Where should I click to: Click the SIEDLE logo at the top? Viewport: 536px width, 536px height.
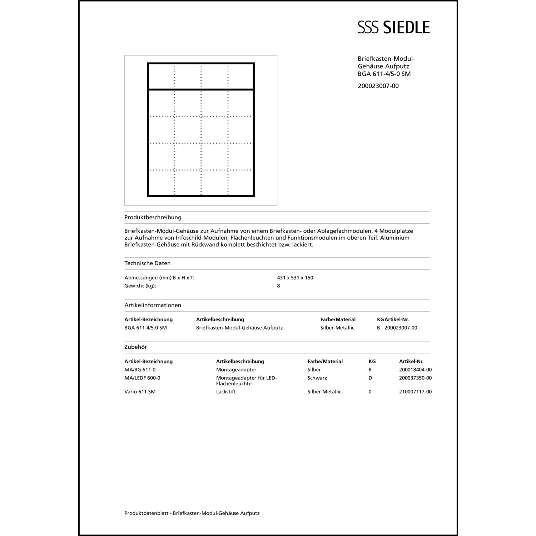pyautogui.click(x=393, y=27)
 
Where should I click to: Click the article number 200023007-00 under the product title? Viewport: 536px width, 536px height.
pyautogui.click(x=378, y=86)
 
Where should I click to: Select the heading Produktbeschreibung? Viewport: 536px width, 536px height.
pyautogui.click(x=153, y=217)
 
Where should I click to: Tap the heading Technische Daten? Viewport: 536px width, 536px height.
pyautogui.click(x=147, y=263)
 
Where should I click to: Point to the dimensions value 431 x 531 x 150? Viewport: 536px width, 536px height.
pyautogui.click(x=295, y=278)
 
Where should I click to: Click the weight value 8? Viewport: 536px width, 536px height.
pyautogui.click(x=278, y=286)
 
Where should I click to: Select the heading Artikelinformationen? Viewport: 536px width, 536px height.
pyautogui.click(x=153, y=305)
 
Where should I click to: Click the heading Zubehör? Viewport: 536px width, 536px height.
pyautogui.click(x=135, y=347)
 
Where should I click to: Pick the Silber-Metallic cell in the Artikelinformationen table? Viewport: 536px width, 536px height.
pyautogui.click(x=337, y=328)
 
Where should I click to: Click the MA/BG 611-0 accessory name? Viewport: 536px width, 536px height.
pyautogui.click(x=140, y=370)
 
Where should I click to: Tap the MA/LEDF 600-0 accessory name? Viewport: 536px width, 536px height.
pyautogui.click(x=142, y=378)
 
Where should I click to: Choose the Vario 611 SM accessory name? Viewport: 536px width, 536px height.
pyautogui.click(x=140, y=392)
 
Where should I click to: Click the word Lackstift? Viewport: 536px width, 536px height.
pyautogui.click(x=226, y=392)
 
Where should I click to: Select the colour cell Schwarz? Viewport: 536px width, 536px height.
pyautogui.click(x=317, y=378)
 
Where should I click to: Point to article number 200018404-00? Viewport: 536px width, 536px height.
pyautogui.click(x=415, y=370)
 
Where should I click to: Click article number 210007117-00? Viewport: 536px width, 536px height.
pyautogui.click(x=415, y=392)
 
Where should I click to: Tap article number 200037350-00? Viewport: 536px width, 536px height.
pyautogui.click(x=415, y=378)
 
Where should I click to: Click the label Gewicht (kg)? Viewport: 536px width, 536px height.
pyautogui.click(x=140, y=286)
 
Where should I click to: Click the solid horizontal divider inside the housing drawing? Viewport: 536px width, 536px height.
pyautogui.click(x=201, y=89)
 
